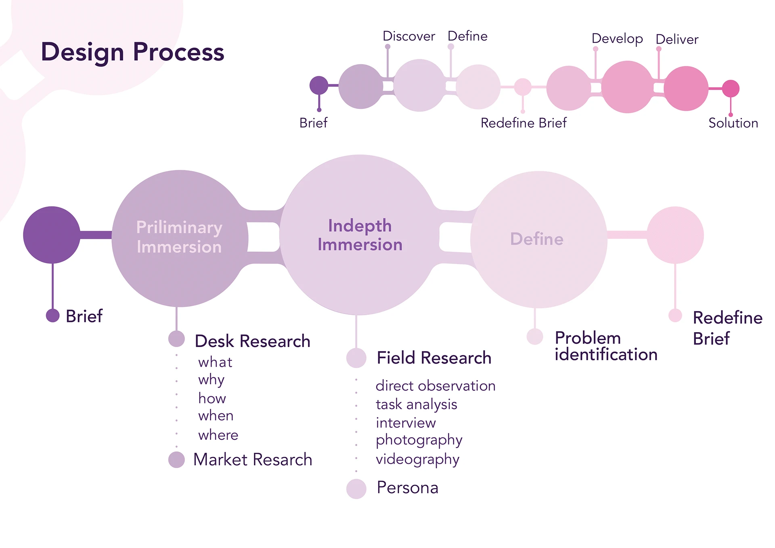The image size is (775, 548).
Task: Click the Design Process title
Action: coord(132,52)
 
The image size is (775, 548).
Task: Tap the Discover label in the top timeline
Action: coord(408,36)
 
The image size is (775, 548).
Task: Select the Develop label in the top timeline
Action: coord(617,39)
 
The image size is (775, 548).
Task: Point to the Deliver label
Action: coord(677,40)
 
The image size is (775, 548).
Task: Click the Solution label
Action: coord(733,123)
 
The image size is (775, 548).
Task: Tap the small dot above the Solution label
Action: coord(731,115)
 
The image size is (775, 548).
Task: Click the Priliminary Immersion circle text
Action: coord(179,237)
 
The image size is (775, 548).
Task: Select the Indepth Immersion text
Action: coord(360,235)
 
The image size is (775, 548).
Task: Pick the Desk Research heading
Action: coord(252,341)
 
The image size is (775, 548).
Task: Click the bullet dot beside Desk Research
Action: coord(176,339)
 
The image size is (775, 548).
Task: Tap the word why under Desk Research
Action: coord(211,380)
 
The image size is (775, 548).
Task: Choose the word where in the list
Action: coord(218,435)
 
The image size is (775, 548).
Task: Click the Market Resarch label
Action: coord(253,460)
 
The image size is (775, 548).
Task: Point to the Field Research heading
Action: coord(434,358)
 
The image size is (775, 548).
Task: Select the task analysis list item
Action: coord(416,404)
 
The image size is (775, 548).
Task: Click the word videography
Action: coord(417,460)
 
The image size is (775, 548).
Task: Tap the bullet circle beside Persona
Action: coord(356,489)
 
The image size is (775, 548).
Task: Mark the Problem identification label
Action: coord(606,346)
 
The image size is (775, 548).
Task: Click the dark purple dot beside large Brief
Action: coord(53,316)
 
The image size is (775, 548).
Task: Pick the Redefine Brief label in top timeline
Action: coord(524,123)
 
